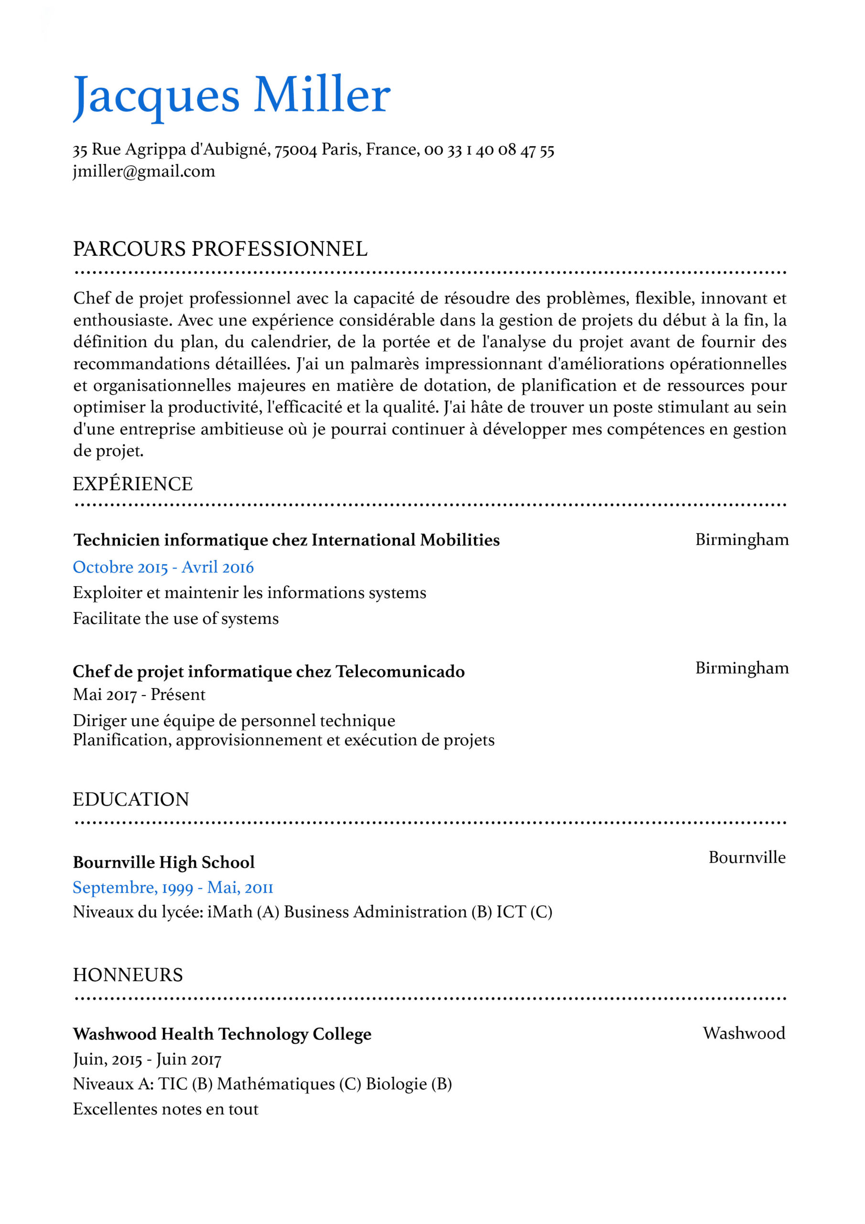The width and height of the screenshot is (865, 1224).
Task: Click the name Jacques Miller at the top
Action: pos(231,96)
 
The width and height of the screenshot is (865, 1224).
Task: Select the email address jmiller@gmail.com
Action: pos(144,172)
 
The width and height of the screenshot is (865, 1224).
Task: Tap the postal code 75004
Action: pos(295,150)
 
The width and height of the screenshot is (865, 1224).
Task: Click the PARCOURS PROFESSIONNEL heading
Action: pos(220,249)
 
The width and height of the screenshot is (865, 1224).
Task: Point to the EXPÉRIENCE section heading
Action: pos(133,483)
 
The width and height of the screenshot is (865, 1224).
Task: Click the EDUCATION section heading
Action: pos(131,799)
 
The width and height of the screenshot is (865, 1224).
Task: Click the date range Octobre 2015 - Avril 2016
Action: pos(163,567)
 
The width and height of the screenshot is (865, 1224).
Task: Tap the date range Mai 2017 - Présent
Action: pos(139,695)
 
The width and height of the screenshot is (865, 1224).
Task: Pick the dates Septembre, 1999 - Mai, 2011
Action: pos(173,887)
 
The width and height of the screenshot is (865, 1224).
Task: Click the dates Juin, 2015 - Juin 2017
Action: pos(147,1059)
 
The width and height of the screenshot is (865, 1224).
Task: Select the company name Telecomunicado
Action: pos(400,672)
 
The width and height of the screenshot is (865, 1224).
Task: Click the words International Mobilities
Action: pos(406,540)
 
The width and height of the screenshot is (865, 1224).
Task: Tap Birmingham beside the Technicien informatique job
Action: pos(742,539)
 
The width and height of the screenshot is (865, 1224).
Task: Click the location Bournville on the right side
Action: pos(746,857)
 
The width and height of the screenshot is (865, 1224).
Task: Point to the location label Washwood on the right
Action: pos(744,1033)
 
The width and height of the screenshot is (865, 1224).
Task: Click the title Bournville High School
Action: pos(163,862)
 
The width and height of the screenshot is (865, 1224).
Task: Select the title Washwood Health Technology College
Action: pos(222,1034)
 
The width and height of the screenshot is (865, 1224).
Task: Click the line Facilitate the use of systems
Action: pos(176,618)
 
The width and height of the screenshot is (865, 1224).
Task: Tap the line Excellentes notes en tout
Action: pos(166,1109)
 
